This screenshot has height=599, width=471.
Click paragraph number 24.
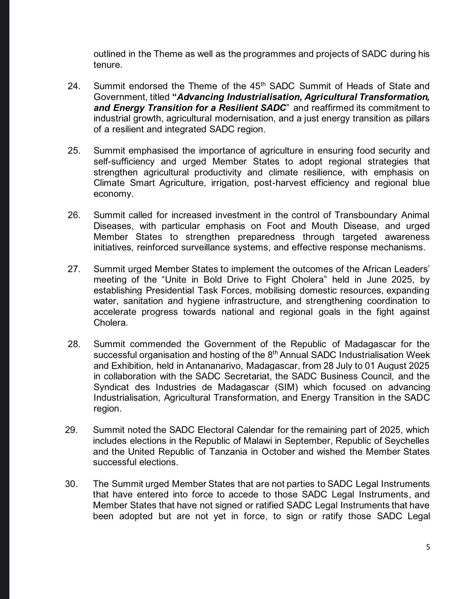click(74, 86)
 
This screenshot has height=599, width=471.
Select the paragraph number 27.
click(74, 269)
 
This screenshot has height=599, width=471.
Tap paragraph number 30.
click(71, 484)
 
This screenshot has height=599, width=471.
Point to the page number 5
click(428, 547)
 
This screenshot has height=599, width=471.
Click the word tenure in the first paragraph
click(107, 65)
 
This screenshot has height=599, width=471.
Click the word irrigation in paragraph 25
click(229, 183)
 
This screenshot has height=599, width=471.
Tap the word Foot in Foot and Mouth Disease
click(276, 226)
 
